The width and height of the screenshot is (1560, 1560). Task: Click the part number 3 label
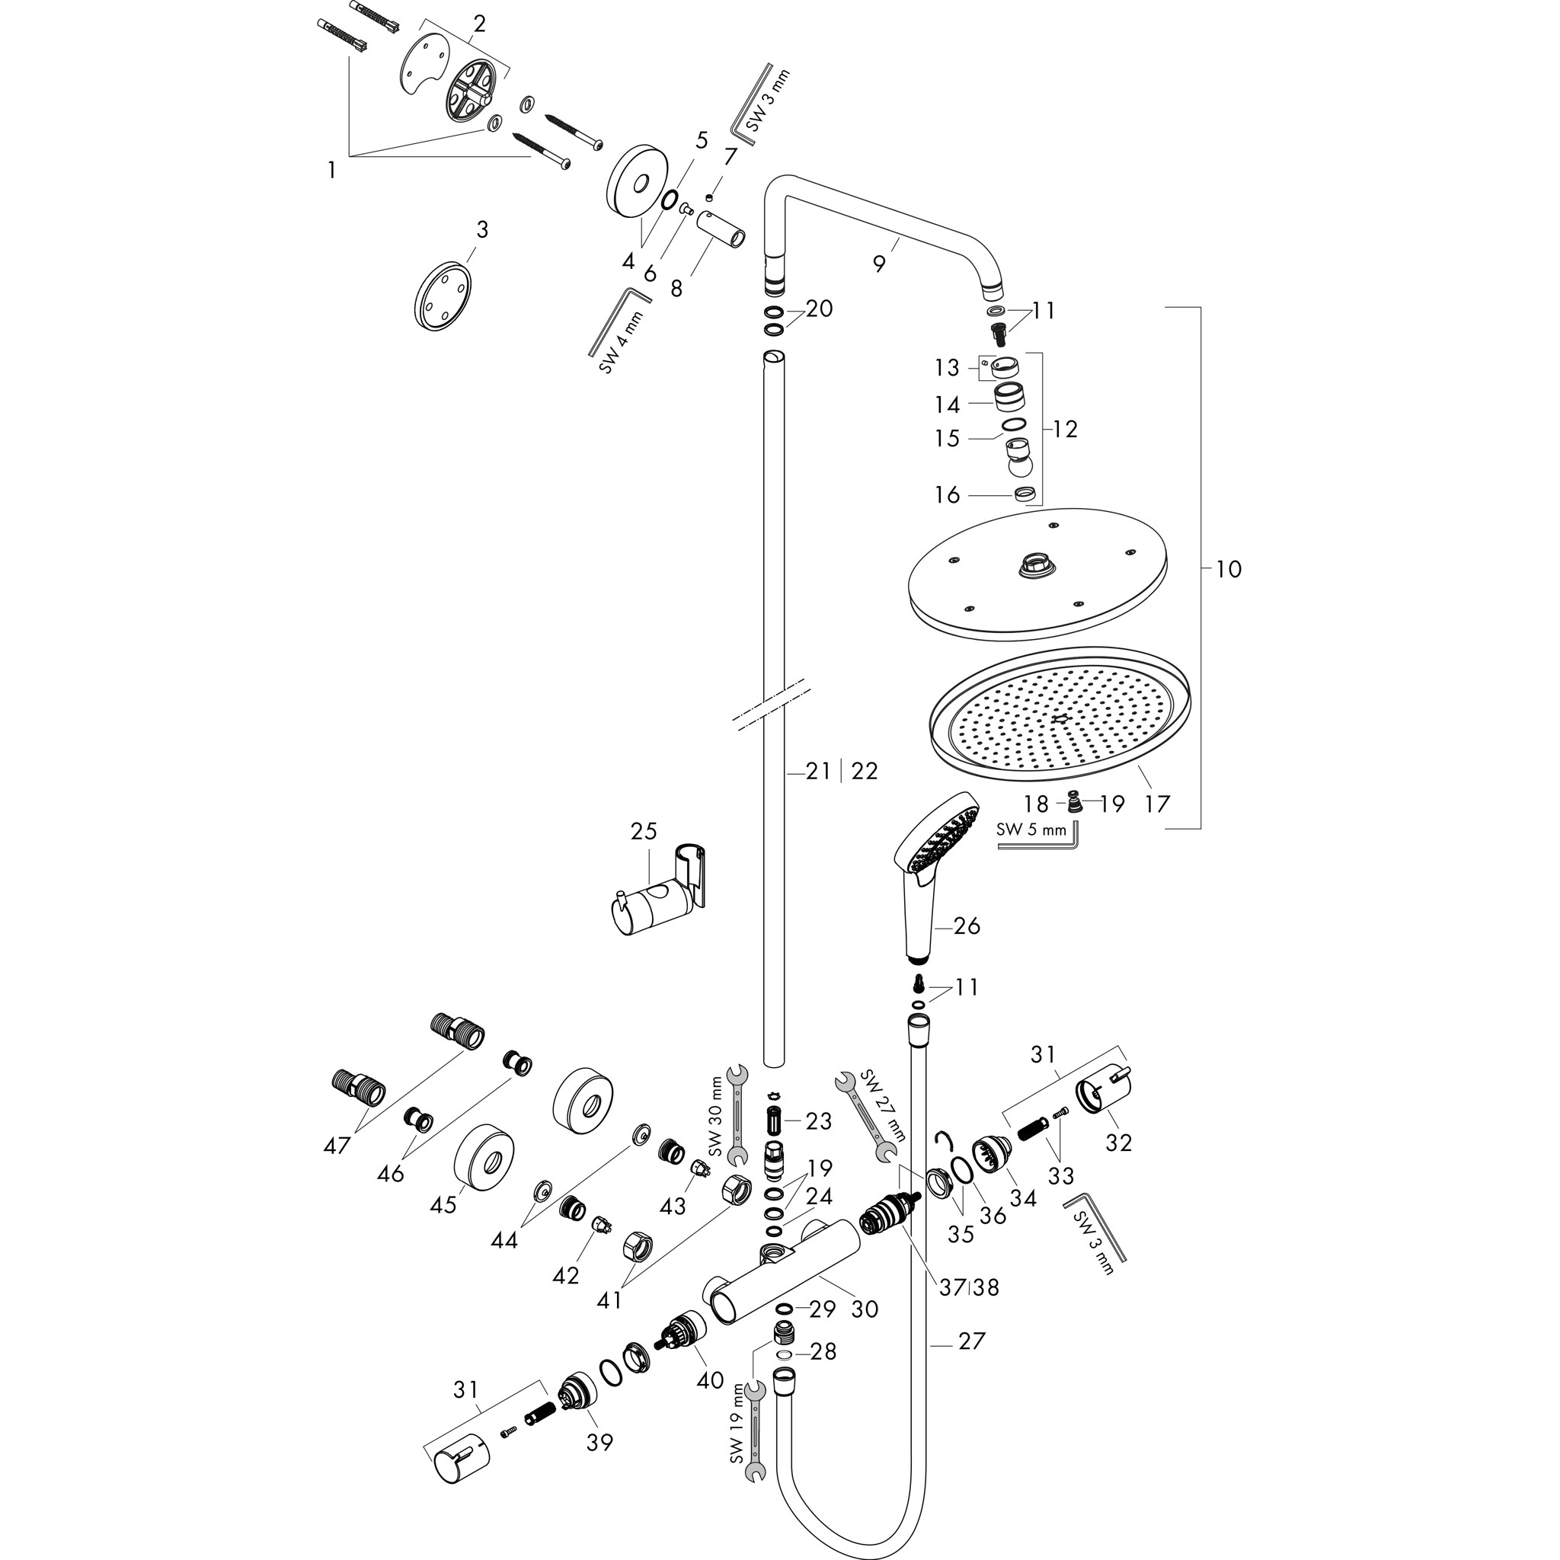click(482, 230)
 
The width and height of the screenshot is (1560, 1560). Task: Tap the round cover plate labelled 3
click(443, 295)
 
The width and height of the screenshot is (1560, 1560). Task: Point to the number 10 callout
click(1227, 569)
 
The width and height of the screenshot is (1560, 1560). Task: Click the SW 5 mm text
click(1031, 830)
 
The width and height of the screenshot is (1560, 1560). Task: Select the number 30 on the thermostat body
click(865, 1309)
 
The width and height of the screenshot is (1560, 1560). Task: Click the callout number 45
click(443, 1206)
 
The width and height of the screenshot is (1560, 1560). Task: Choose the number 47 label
click(337, 1145)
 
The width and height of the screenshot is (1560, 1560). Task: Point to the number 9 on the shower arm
click(879, 263)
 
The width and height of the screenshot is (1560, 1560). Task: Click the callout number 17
click(1157, 804)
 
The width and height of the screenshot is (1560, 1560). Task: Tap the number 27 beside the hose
click(971, 1341)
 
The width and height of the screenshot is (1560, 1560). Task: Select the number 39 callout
click(600, 1441)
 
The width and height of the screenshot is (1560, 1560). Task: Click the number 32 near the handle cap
click(1118, 1143)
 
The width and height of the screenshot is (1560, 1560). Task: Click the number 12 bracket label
click(1065, 430)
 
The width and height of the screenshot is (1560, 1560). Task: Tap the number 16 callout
click(947, 494)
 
